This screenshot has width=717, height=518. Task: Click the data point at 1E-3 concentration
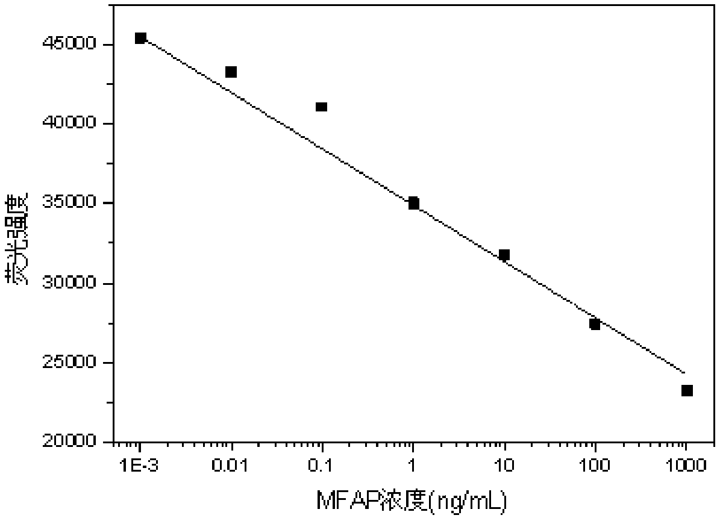(140, 39)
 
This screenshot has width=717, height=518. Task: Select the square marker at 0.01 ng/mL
(231, 72)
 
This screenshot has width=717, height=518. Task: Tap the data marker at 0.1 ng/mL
(321, 107)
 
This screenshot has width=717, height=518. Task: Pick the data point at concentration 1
(413, 203)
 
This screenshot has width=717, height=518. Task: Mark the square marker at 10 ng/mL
(504, 255)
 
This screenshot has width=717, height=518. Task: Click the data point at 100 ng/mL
(595, 324)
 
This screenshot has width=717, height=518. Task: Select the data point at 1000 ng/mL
(687, 391)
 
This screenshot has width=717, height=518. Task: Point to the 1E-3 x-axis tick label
(140, 465)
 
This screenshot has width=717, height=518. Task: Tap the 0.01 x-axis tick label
(231, 465)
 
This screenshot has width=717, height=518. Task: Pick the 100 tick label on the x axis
(595, 465)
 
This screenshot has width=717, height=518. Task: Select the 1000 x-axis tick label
(686, 465)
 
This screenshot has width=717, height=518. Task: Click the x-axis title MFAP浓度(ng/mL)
(411, 500)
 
